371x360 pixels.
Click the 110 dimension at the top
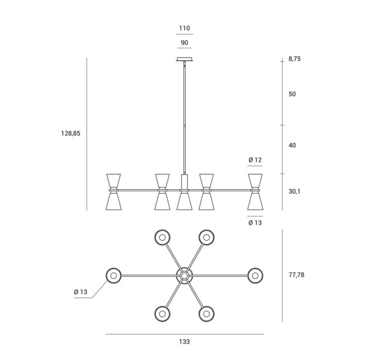(x=184, y=28)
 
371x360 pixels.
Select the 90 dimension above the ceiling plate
(x=184, y=43)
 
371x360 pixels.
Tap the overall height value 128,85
(x=71, y=134)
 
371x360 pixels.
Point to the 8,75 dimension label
(x=295, y=59)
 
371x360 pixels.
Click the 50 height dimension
(x=292, y=94)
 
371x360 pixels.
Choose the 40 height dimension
(x=292, y=145)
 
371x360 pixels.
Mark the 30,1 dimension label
(x=294, y=192)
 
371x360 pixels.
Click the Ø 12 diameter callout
(x=255, y=160)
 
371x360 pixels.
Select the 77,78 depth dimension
(x=297, y=275)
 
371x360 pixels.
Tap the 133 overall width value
(x=184, y=342)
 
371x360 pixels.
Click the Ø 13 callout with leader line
(x=80, y=292)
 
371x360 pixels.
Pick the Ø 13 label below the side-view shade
(x=255, y=223)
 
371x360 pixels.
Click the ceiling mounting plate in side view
(x=185, y=59)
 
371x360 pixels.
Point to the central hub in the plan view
(x=184, y=276)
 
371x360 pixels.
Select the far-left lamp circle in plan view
(x=113, y=276)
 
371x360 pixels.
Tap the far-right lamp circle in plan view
(x=256, y=276)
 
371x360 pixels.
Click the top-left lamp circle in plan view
(x=162, y=237)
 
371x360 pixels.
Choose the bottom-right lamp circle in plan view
(x=206, y=314)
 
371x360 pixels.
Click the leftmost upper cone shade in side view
(x=114, y=181)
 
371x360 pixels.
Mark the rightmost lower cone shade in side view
(x=256, y=201)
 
